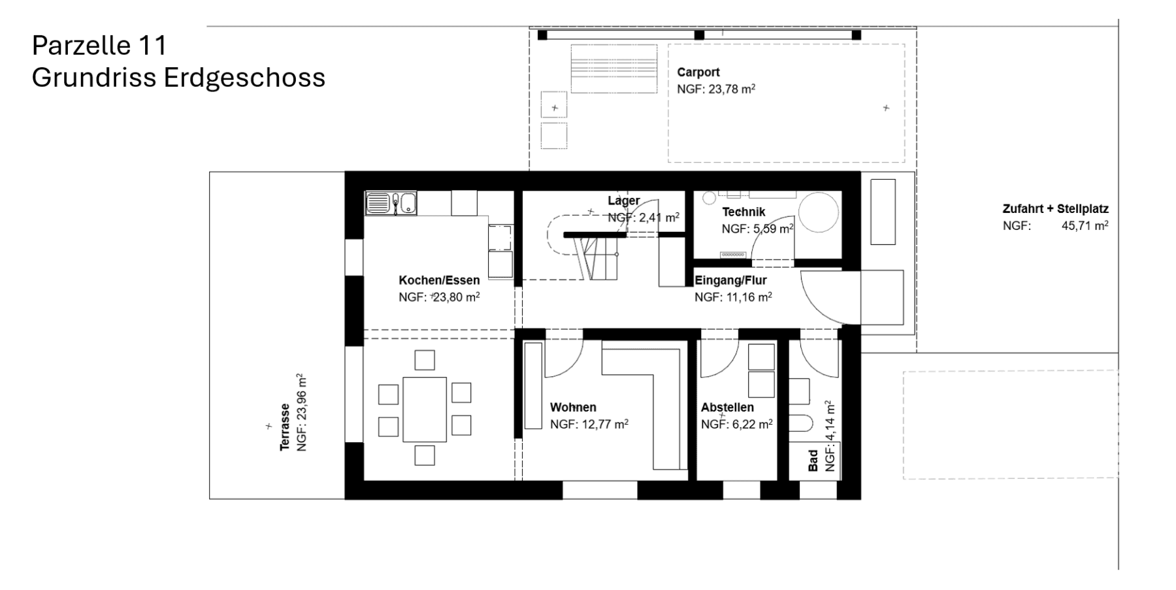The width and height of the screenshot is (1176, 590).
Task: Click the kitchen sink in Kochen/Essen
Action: coord(390,203)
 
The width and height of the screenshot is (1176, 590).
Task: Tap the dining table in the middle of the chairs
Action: coord(425,409)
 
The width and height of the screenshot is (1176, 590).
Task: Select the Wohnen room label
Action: coord(573,407)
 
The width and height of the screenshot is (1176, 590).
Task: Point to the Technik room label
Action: coord(743,212)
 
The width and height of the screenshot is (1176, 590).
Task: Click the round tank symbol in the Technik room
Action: coord(818,212)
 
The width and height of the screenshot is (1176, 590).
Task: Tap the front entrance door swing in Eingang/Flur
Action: coord(825,297)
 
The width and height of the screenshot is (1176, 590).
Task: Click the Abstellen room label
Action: coord(727,407)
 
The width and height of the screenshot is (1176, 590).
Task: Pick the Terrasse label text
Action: coord(285,426)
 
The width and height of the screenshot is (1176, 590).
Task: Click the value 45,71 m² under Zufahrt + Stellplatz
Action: coord(1085,226)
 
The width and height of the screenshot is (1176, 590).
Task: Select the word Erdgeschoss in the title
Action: coord(244,78)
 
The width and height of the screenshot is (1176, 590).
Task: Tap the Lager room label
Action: coord(624,201)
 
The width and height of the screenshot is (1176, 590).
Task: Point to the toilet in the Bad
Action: coord(801,423)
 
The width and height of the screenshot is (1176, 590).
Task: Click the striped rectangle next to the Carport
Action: coord(613,69)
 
